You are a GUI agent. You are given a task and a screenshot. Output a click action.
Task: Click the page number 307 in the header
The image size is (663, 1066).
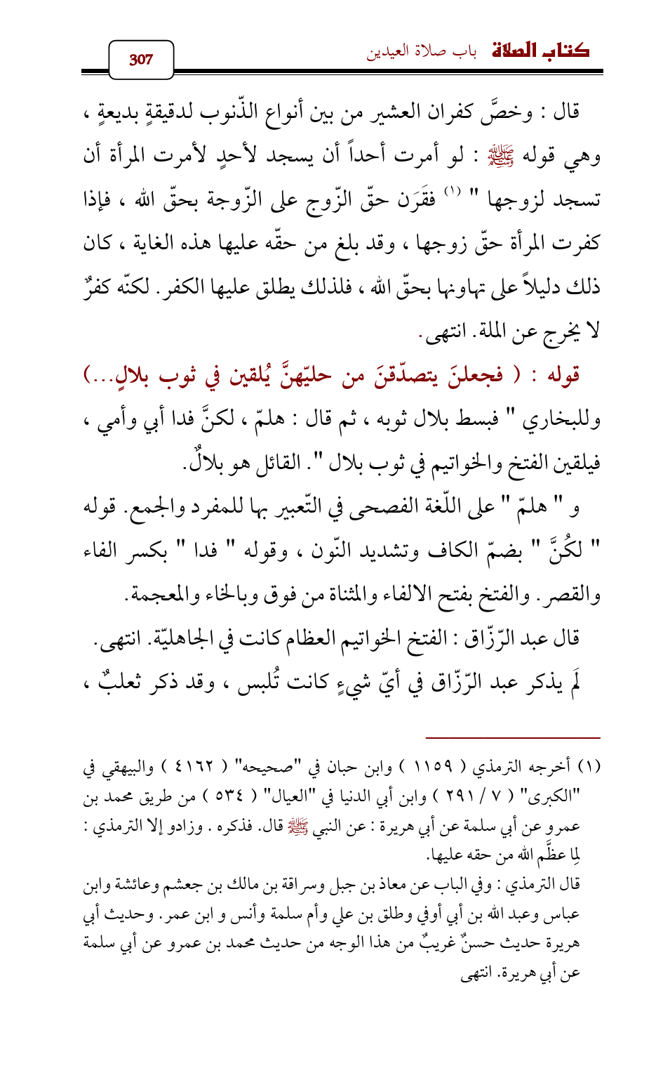(x=141, y=59)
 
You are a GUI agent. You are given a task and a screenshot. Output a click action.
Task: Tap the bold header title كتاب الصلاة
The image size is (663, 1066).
(x=540, y=51)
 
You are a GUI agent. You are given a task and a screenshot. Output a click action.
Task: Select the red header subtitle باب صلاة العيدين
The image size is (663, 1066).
(x=422, y=53)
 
